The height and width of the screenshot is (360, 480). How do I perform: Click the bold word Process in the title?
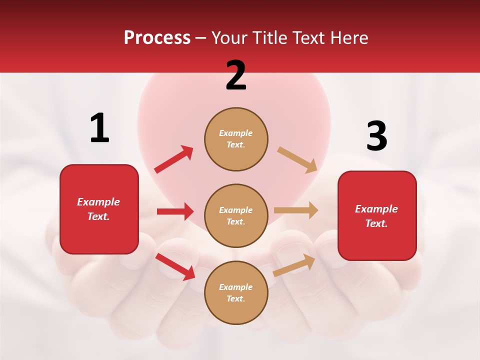click(x=157, y=38)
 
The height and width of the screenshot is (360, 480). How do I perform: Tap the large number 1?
click(x=99, y=128)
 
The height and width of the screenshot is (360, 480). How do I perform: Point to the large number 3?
click(x=376, y=136)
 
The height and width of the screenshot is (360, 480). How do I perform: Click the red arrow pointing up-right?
click(x=174, y=159)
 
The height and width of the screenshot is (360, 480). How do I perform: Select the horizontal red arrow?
click(x=175, y=211)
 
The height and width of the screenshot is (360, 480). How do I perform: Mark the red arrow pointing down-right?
click(x=175, y=266)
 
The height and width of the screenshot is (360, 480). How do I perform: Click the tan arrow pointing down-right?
click(x=297, y=160)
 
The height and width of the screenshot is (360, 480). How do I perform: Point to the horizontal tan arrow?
click(x=296, y=210)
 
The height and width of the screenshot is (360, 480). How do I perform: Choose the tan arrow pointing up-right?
click(x=294, y=265)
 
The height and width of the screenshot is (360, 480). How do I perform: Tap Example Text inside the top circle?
click(x=236, y=139)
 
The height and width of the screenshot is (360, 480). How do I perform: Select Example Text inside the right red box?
click(x=376, y=216)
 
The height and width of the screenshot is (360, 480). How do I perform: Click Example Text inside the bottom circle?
click(x=236, y=293)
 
